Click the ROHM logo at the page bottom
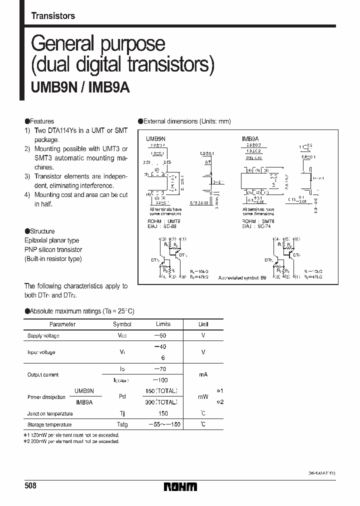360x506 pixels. (181, 486)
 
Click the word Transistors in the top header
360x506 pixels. (53, 16)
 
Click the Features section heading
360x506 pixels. (39, 121)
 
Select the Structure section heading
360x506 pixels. (40, 231)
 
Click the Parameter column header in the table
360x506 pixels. (63, 324)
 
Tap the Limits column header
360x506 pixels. (163, 324)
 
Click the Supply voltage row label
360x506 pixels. (43, 336)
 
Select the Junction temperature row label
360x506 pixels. (50, 413)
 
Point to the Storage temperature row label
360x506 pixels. (49, 424)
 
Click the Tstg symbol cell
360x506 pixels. (122, 424)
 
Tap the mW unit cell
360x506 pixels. (203, 396)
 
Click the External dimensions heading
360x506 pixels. (184, 121)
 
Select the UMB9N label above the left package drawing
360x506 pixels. (155, 137)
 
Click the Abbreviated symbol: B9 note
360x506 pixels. (243, 278)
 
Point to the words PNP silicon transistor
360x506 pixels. (53, 249)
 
